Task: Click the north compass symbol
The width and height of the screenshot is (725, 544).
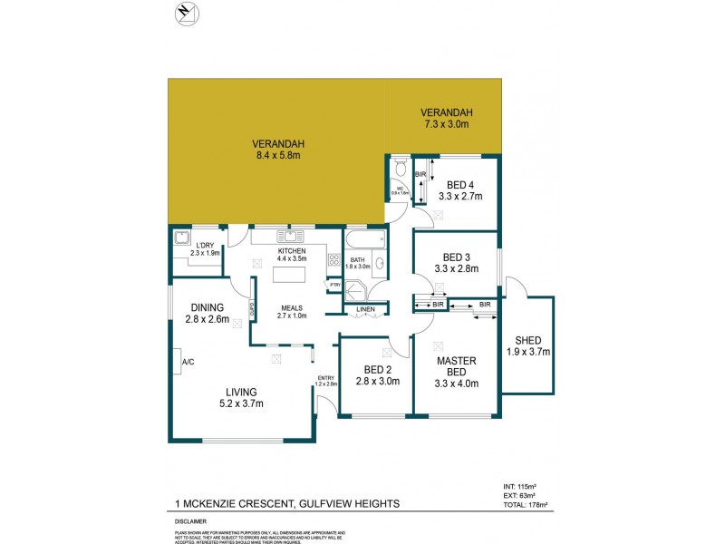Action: click(x=186, y=13)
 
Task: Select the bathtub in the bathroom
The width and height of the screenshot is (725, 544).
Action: click(x=364, y=241)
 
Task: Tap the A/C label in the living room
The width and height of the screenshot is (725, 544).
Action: click(x=188, y=362)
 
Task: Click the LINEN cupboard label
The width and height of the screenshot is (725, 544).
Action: click(x=365, y=310)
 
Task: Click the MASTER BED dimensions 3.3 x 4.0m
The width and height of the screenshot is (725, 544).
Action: click(x=457, y=384)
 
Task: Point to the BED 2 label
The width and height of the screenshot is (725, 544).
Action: click(x=376, y=371)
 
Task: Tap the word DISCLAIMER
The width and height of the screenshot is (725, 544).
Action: click(x=192, y=521)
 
